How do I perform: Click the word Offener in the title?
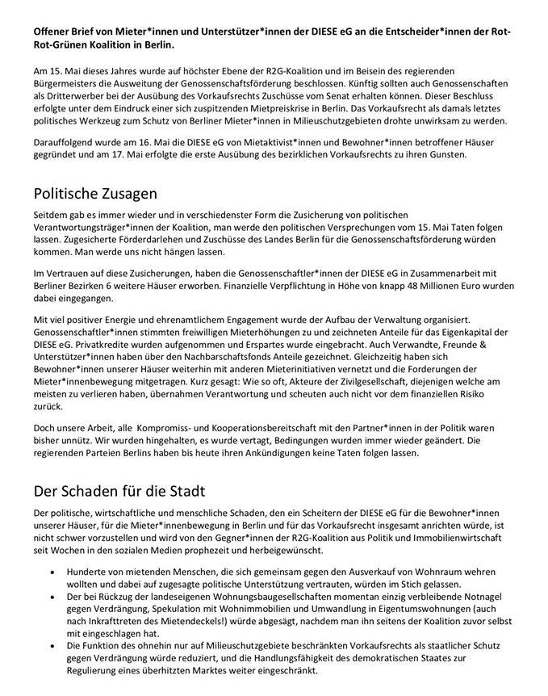53,29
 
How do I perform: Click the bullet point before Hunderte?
53,571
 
